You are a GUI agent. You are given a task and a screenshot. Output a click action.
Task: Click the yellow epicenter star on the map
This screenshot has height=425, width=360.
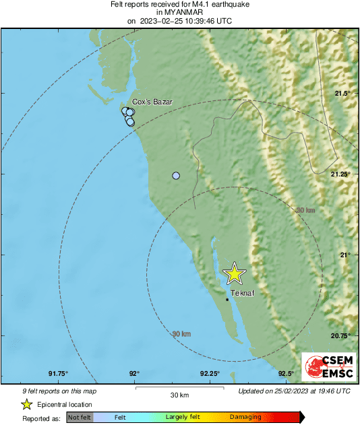[x=234, y=273]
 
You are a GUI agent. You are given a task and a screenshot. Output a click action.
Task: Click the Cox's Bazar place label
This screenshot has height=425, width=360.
[x=152, y=102]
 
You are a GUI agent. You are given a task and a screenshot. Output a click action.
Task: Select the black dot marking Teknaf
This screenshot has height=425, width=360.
[x=227, y=300]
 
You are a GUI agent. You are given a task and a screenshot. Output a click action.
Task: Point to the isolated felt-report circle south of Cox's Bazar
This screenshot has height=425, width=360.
[x=176, y=176]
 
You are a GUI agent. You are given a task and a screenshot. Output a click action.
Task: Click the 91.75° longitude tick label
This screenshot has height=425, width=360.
[x=59, y=374]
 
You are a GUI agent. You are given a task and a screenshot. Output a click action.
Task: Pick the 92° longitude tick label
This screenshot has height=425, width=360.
[x=134, y=374]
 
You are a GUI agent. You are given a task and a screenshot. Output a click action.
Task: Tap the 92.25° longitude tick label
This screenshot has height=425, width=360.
[x=210, y=374]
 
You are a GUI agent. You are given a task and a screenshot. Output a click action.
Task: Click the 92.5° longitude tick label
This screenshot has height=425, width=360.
[x=286, y=374]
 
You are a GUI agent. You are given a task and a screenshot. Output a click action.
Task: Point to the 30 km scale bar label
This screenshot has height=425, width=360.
[x=179, y=395]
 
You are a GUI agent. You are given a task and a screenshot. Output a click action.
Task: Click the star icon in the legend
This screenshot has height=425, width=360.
[x=26, y=405]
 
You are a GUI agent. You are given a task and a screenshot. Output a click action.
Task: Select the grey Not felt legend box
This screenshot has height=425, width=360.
[x=79, y=418]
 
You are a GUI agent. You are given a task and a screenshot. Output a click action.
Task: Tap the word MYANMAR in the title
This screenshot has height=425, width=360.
[x=179, y=12]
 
